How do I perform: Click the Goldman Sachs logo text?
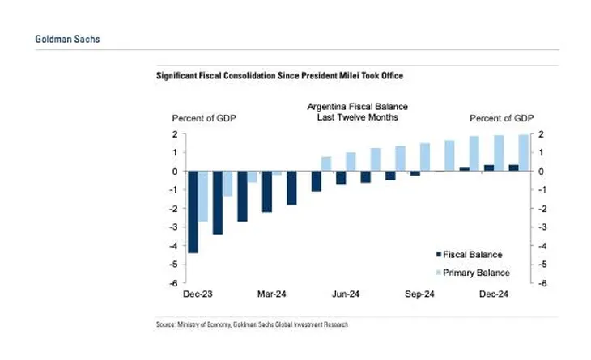click(68, 39)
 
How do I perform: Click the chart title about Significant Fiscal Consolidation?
click(279, 75)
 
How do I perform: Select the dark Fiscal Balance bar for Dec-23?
click(193, 212)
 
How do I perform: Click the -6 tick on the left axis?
click(173, 284)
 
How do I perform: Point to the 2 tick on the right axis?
click(541, 134)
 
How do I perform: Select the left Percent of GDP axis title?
click(202, 118)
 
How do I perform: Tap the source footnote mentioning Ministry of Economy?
click(253, 324)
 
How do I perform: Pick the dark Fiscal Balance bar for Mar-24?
click(266, 192)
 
